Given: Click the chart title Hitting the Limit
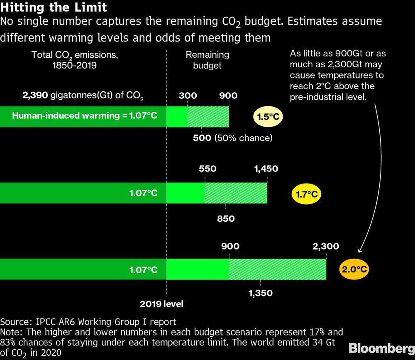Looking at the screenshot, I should point(54,7).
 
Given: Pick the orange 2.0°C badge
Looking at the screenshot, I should point(354,269).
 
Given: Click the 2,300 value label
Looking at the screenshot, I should point(326,246).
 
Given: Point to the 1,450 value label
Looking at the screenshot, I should point(266,169).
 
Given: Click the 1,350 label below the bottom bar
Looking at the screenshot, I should point(260,293).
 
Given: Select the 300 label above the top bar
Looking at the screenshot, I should point(188,96).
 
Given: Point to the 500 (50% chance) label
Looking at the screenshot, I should point(232,138).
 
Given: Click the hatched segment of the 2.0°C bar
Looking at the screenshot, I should point(277,269).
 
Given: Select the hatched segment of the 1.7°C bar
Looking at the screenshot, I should point(236,193).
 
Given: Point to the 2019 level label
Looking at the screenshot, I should point(161,304).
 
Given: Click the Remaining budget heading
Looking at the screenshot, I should point(207,60).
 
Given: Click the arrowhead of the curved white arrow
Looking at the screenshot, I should point(360,250).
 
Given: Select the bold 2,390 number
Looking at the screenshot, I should point(36,96).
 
